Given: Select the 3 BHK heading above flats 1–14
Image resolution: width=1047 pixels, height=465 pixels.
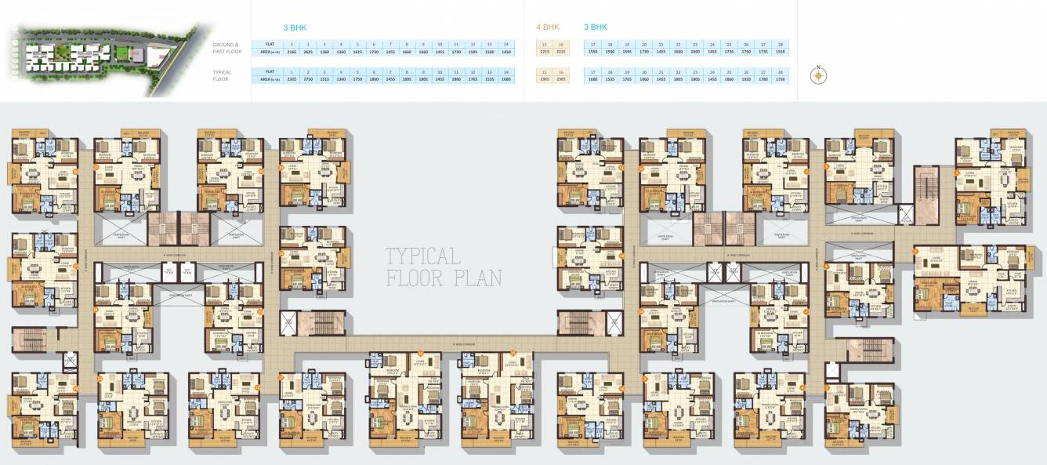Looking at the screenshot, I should coord(295,27).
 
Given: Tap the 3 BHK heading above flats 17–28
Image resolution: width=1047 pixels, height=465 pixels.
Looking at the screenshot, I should coord(596,27).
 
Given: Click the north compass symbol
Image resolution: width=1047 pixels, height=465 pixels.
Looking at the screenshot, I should coord(818,76).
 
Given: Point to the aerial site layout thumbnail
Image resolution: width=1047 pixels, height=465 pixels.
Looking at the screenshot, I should coord(106,59).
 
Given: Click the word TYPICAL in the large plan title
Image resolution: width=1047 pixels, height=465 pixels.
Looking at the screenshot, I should coord(422,256).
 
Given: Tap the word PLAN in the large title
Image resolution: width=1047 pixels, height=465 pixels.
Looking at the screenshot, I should coord(480,278).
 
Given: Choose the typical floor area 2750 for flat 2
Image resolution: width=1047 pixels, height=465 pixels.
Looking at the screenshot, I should coord(308,79).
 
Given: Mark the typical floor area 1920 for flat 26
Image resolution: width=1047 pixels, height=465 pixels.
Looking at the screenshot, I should coord(746,79).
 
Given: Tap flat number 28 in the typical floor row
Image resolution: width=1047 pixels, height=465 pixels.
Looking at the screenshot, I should coord(780,72).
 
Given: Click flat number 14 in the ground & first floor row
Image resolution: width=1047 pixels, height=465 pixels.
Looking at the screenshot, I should coord(507,44).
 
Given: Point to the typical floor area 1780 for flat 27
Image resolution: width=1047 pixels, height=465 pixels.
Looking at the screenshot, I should coord(763,79).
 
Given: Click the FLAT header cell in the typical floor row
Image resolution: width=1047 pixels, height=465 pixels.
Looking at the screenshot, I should coord(270,72).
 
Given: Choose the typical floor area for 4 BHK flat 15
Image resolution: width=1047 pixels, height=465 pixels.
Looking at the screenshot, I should coord(545,79).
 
